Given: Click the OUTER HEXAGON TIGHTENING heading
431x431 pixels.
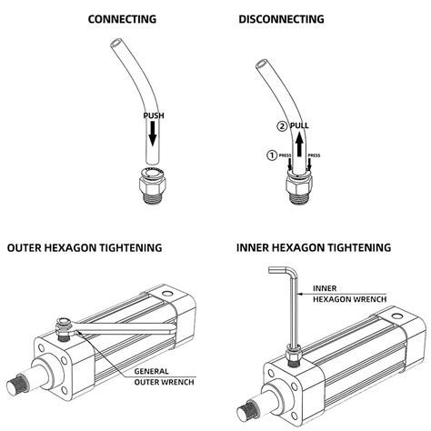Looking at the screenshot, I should coord(85,246).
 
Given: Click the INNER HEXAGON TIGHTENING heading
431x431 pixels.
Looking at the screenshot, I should coord(314,246).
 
